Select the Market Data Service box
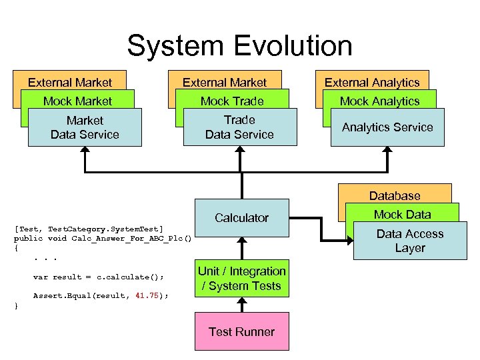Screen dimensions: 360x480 (x=85, y=127)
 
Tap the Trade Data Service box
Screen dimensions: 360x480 (x=239, y=127)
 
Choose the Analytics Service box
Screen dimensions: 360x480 (x=387, y=127)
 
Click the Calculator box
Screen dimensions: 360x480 (x=241, y=217)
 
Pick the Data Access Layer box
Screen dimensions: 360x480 (x=409, y=241)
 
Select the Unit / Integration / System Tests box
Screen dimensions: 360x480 (x=241, y=279)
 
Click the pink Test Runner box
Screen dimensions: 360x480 (x=241, y=331)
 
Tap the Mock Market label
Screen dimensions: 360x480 (x=77, y=101)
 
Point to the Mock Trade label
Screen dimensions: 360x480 (x=232, y=101)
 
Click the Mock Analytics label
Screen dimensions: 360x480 (x=379, y=101)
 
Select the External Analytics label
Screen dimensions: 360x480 (x=372, y=83)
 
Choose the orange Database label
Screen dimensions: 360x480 (x=395, y=196)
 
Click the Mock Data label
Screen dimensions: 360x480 (x=402, y=214)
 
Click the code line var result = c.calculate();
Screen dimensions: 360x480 (x=98, y=276)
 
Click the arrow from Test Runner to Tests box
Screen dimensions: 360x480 (x=241, y=305)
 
